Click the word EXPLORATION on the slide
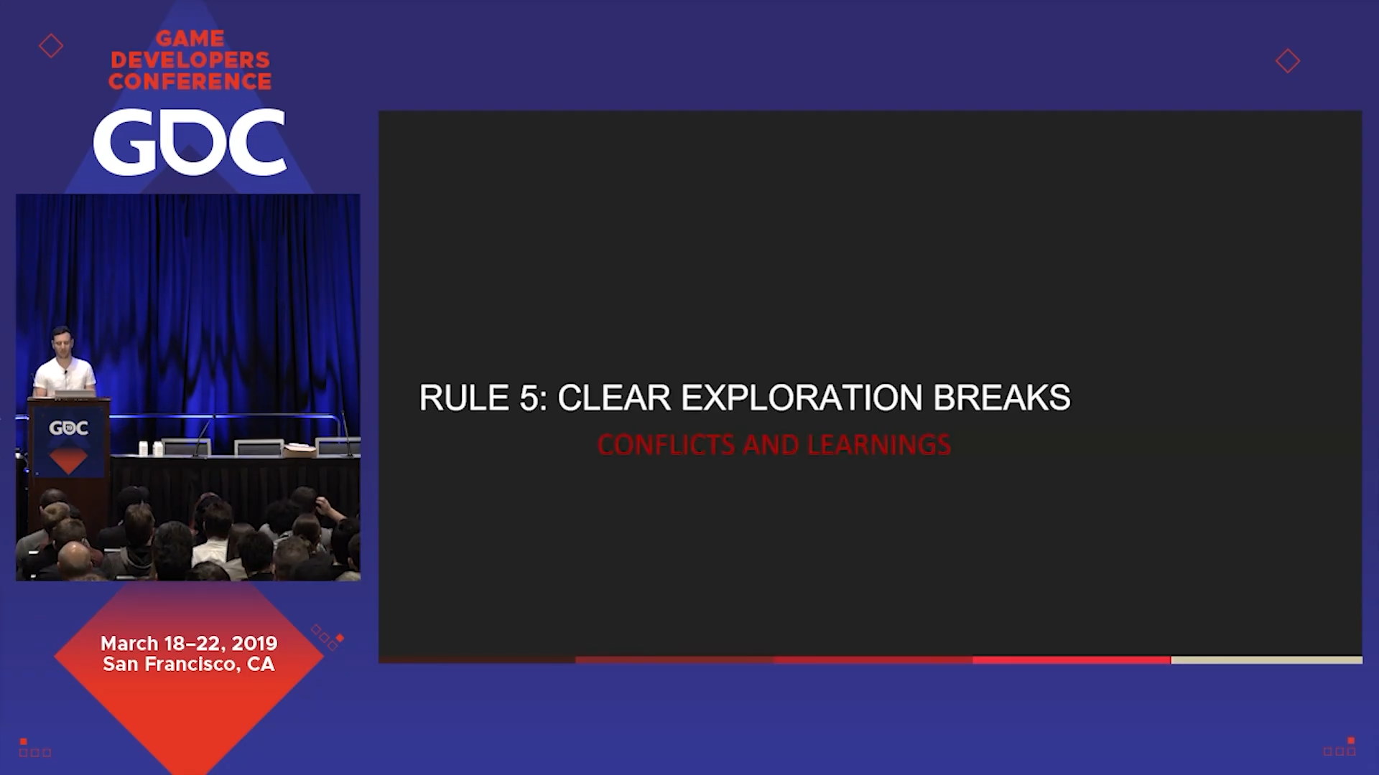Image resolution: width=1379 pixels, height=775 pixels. [x=801, y=398]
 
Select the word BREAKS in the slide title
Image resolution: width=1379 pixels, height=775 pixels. [x=1001, y=398]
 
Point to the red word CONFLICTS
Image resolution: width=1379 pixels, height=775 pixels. [x=666, y=445]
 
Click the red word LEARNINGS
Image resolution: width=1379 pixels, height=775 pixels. [x=879, y=445]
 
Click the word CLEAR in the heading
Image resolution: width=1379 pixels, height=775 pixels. [x=614, y=398]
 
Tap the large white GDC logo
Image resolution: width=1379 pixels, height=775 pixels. [x=190, y=142]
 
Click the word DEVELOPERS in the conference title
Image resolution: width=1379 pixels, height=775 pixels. [x=190, y=60]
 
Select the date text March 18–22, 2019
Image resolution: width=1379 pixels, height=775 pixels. [x=189, y=643]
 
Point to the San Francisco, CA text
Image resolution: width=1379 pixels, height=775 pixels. [x=189, y=664]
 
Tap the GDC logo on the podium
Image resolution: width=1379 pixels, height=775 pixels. [x=68, y=428]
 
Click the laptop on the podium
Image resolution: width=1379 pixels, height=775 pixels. [x=75, y=393]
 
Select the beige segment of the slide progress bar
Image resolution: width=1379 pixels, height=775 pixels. [x=1266, y=659]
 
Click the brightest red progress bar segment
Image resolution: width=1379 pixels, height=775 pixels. [x=1072, y=659]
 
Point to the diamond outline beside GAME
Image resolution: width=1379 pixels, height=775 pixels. [x=51, y=46]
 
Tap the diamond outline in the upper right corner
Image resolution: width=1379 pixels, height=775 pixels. [x=1288, y=61]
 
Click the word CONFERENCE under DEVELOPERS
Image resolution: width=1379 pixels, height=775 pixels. [x=190, y=82]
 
